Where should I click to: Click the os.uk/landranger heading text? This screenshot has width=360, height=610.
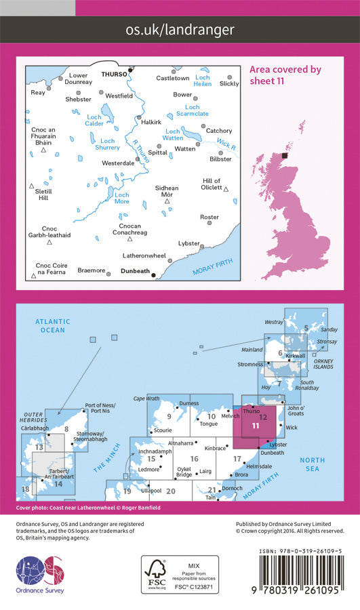(x=180, y=29)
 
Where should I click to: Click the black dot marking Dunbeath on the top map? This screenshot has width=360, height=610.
(x=154, y=275)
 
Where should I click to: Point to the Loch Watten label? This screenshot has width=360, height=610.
(x=174, y=135)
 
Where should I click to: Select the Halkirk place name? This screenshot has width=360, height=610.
(x=151, y=122)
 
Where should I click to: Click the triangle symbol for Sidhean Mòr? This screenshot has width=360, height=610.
(x=167, y=201)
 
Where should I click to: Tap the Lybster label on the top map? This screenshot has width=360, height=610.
(x=189, y=243)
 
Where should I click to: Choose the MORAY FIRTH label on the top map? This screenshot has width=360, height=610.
(x=212, y=266)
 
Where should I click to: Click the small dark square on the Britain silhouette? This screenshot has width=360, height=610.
(x=285, y=155)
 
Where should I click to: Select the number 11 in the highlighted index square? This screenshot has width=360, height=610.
(x=254, y=426)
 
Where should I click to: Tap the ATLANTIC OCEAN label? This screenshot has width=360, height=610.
(x=52, y=325)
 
